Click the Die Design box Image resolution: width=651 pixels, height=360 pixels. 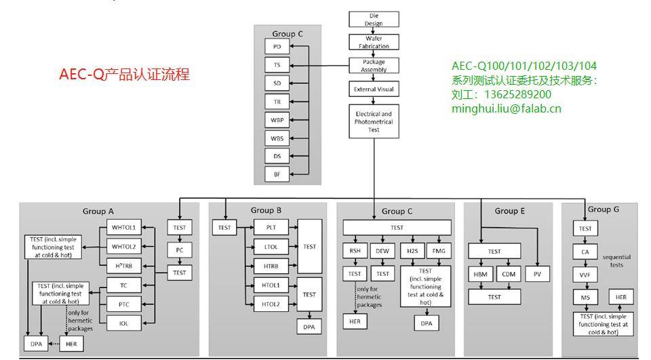(x=374, y=19)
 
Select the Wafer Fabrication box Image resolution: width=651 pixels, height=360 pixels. (x=374, y=42)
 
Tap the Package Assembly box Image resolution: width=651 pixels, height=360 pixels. (x=374, y=66)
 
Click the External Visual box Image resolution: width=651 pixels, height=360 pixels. (x=374, y=89)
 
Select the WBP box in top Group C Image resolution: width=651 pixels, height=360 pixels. (x=277, y=120)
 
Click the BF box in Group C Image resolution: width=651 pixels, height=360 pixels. (x=277, y=174)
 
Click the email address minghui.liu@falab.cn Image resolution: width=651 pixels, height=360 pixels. (x=506, y=108)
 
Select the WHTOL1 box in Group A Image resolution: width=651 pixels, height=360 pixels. (x=123, y=227)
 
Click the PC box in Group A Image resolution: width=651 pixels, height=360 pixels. (x=180, y=250)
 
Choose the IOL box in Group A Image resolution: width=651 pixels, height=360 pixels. (x=123, y=323)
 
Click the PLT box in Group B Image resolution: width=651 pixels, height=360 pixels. (x=271, y=228)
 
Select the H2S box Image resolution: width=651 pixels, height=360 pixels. (x=412, y=250)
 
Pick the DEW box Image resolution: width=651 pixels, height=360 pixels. (x=382, y=250)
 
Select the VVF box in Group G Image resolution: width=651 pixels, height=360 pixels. (x=585, y=275)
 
